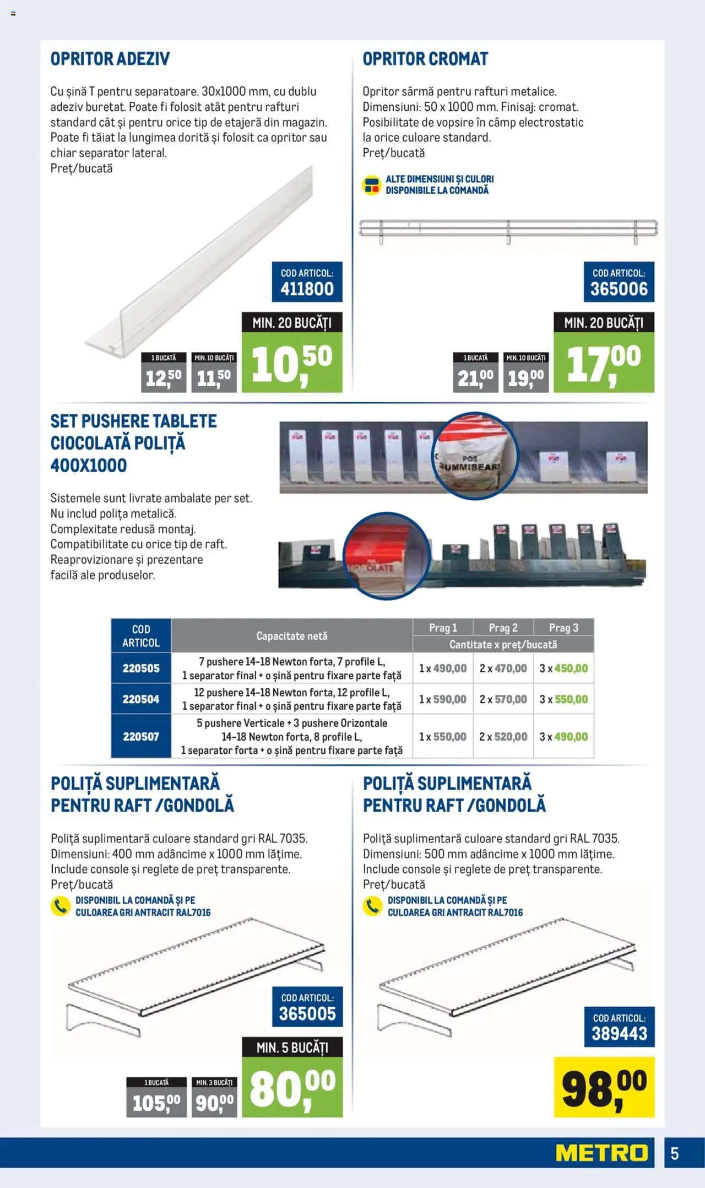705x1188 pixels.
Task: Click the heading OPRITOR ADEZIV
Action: [110, 59]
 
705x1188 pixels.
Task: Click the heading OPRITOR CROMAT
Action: [425, 59]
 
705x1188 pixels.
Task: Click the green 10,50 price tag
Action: [292, 363]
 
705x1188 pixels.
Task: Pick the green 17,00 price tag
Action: [604, 363]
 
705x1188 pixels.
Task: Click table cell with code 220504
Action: [141, 699]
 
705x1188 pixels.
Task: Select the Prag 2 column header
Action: [503, 628]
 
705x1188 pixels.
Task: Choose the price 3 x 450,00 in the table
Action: [563, 668]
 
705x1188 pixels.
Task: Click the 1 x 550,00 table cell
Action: [443, 737]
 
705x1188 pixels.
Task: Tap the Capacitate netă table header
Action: [292, 636]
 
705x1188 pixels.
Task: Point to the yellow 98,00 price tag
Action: [604, 1087]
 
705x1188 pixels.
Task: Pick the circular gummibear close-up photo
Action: [475, 455]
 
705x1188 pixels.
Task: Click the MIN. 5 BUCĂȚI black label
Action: [292, 1047]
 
